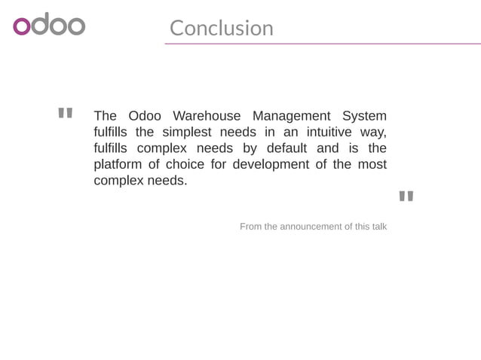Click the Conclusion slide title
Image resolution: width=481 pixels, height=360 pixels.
(221, 28)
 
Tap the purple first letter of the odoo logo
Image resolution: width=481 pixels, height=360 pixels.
(22, 26)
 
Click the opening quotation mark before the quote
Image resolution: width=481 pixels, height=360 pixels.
(65, 114)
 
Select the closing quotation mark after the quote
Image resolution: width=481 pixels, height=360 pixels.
(406, 197)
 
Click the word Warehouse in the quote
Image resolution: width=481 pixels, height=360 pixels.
(207, 116)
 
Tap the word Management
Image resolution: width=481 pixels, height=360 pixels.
(291, 116)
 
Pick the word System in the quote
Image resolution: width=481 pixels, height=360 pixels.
(364, 116)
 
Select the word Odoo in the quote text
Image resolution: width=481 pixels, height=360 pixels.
(145, 116)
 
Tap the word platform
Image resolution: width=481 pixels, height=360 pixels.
(116, 164)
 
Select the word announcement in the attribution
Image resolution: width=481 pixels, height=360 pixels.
(311, 227)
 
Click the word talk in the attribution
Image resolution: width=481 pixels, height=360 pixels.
(378, 227)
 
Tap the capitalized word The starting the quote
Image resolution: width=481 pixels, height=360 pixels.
(105, 116)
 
